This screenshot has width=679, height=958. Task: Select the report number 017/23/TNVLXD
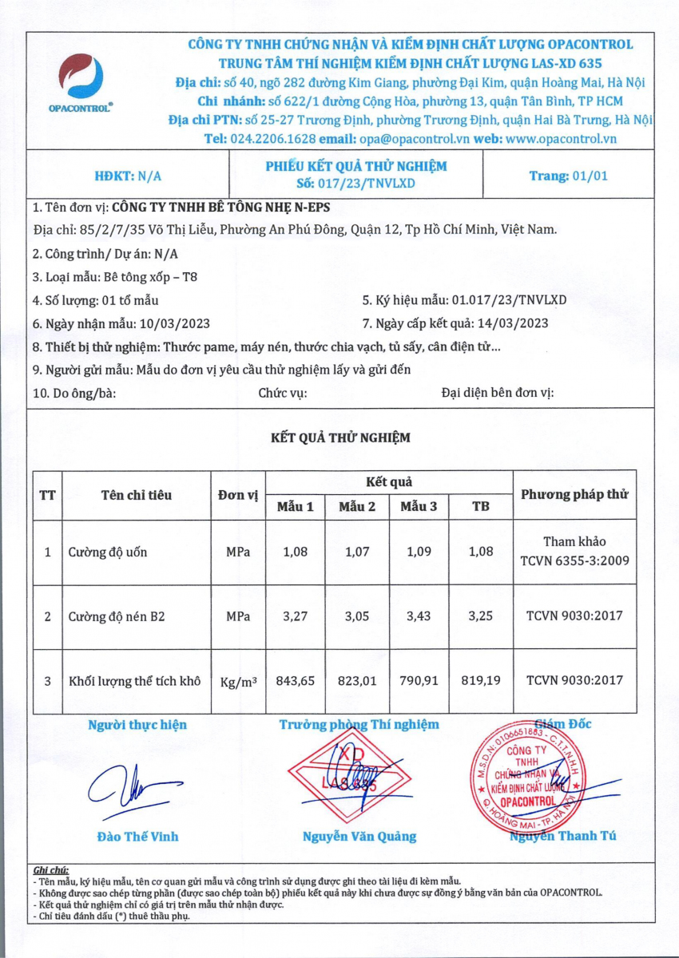(x=371, y=183)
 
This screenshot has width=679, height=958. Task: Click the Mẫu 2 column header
(x=357, y=507)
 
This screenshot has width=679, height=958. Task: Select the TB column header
(x=481, y=507)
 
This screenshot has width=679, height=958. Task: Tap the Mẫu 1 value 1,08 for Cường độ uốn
(x=295, y=552)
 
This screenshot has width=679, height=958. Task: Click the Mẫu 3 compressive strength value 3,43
(x=419, y=616)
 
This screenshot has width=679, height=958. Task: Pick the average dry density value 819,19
(x=481, y=681)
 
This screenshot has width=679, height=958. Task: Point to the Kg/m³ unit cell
(x=237, y=682)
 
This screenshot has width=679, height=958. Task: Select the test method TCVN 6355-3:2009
(x=574, y=560)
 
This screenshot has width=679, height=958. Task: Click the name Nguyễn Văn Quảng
(x=359, y=837)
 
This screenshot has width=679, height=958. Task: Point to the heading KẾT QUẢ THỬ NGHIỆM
(x=340, y=437)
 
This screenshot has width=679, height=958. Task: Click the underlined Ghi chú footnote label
(x=52, y=869)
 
